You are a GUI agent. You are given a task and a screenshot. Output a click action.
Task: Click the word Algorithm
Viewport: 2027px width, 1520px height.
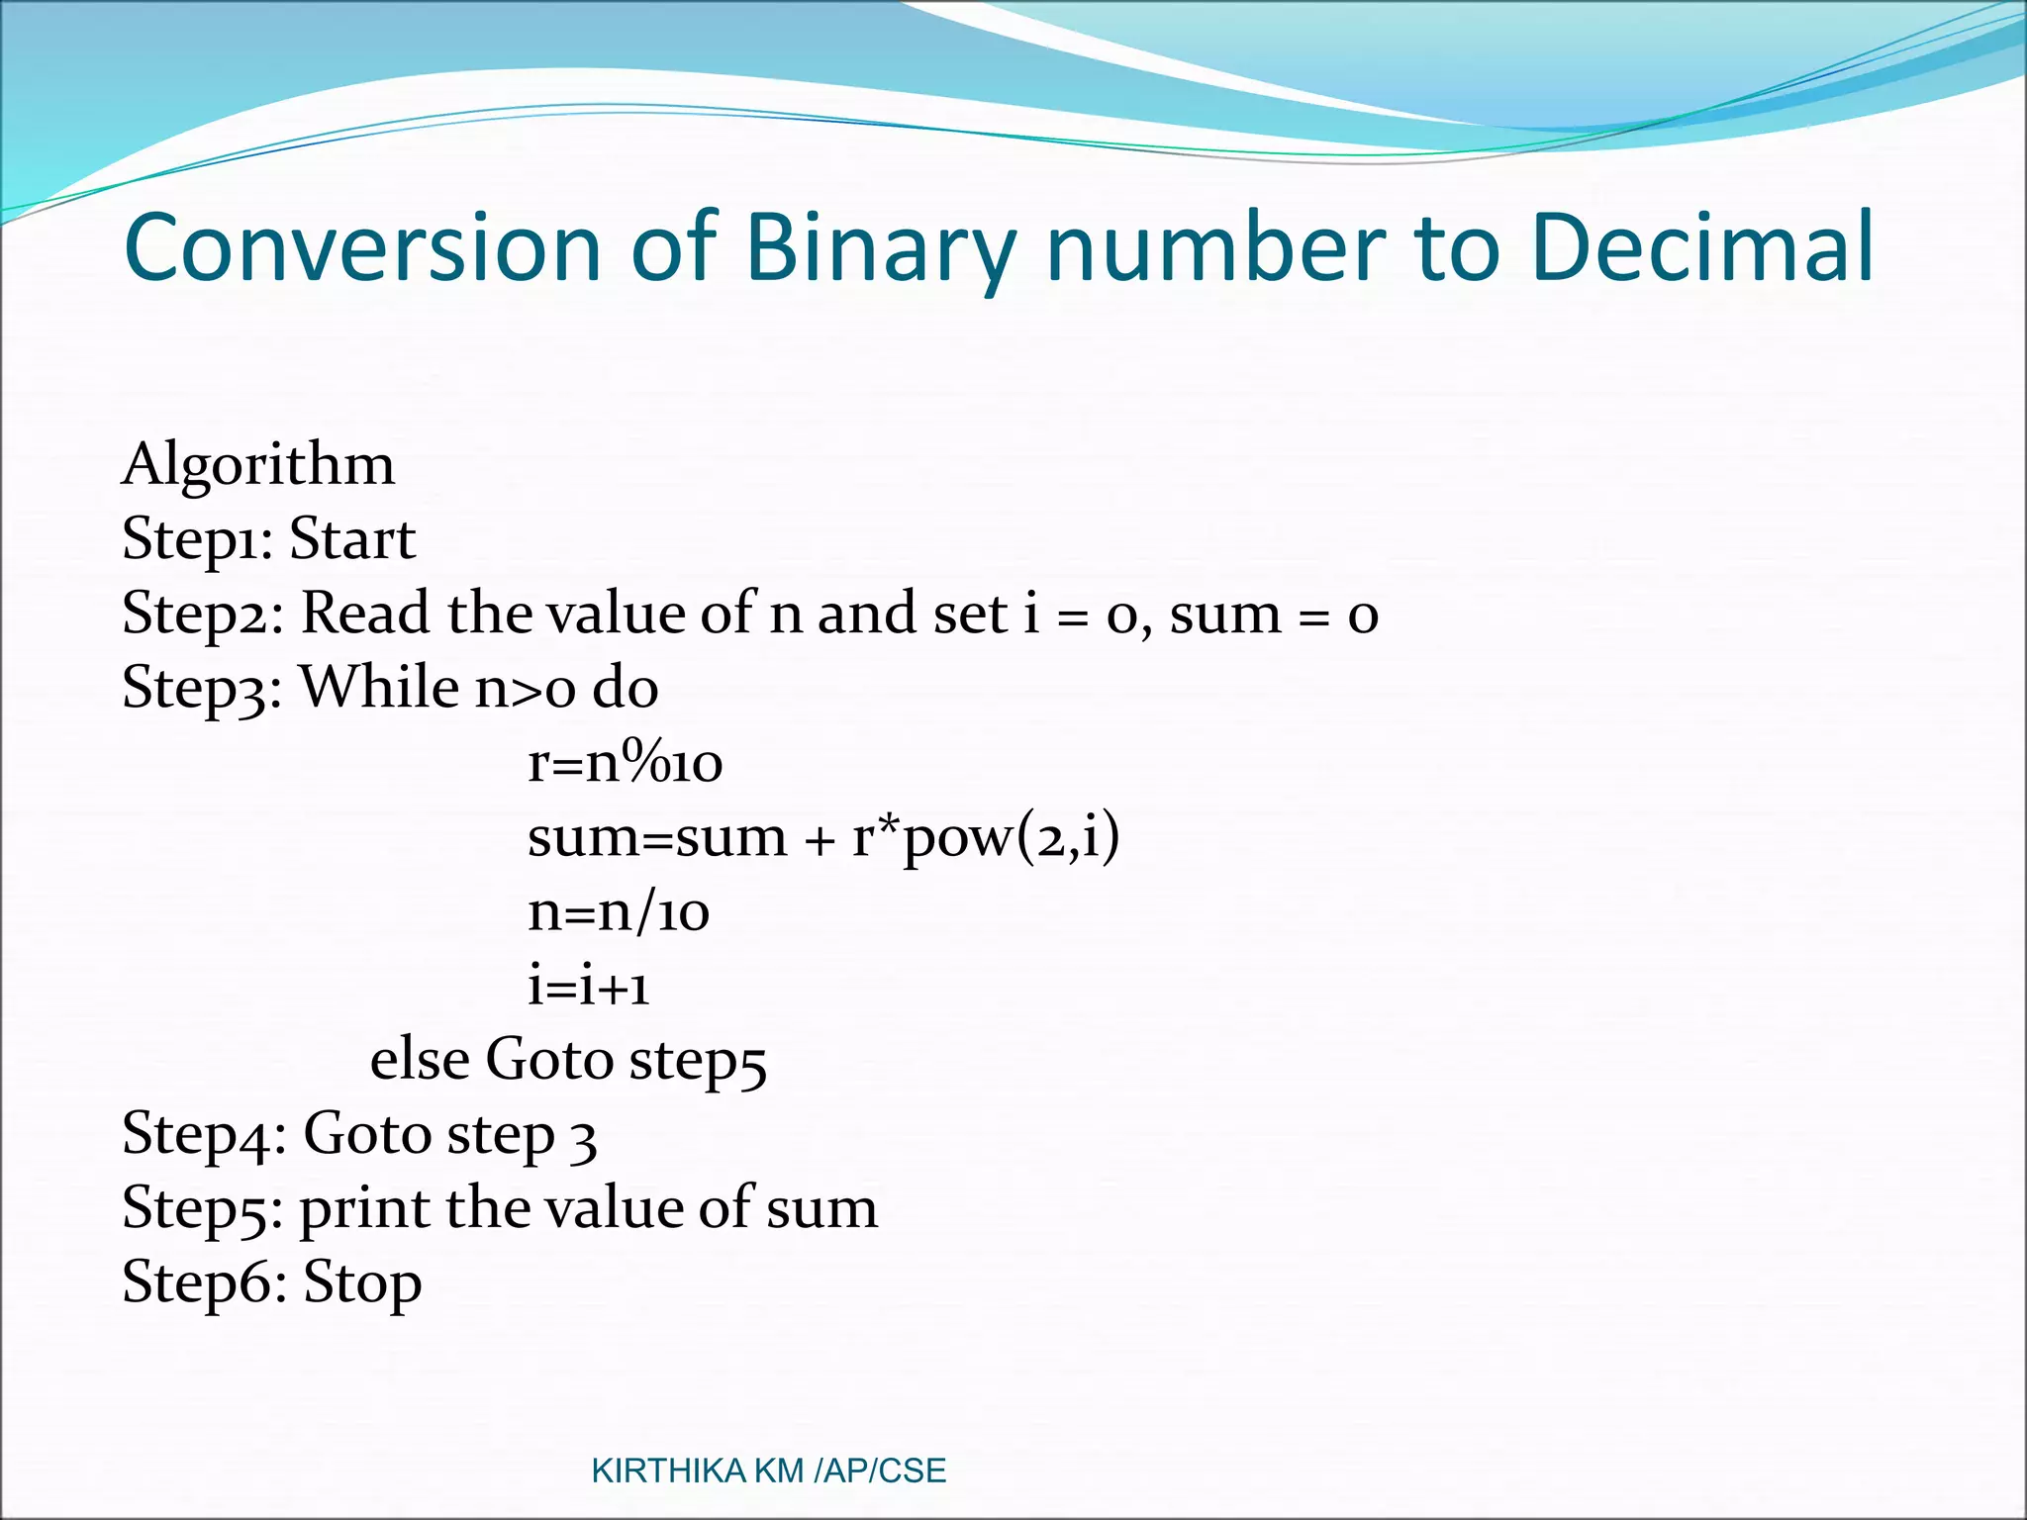[x=258, y=465]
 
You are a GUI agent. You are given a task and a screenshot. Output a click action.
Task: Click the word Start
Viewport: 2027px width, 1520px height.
[x=352, y=540]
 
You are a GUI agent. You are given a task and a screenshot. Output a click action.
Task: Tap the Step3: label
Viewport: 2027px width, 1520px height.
[x=202, y=689]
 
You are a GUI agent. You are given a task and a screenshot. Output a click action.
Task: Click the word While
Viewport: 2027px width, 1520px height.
[x=379, y=687]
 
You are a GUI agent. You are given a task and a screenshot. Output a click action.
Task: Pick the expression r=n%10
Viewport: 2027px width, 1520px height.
[x=625, y=763]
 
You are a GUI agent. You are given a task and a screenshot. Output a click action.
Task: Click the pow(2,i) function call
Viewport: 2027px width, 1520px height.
[x=1012, y=838]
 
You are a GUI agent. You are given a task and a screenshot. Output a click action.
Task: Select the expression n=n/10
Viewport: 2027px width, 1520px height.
[x=619, y=912]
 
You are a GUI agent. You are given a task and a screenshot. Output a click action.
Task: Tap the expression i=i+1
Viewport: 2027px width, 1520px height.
[x=589, y=987]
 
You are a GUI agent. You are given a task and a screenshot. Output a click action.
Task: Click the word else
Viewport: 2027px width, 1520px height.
[x=420, y=1060]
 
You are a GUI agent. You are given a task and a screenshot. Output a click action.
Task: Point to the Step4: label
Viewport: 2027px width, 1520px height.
[x=204, y=1134]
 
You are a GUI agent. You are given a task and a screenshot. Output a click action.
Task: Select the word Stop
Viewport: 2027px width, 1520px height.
[x=362, y=1282]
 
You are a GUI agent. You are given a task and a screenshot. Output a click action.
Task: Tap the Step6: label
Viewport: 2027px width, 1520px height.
[x=204, y=1282]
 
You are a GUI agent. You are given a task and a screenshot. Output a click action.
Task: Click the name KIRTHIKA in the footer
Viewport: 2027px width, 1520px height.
[x=668, y=1472]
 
